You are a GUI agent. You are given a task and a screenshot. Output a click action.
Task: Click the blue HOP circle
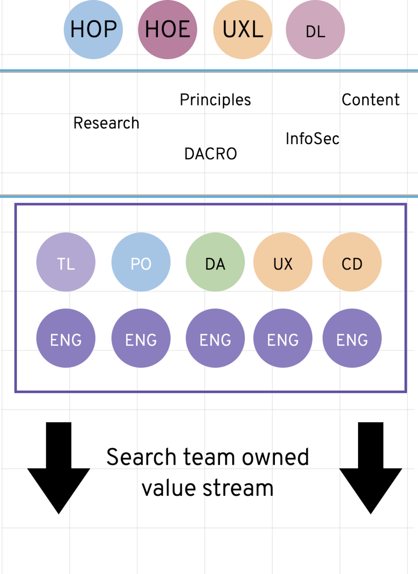tap(93, 29)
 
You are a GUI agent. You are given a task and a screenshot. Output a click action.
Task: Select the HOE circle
tap(168, 29)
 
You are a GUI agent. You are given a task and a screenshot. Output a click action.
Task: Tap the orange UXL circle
tap(243, 29)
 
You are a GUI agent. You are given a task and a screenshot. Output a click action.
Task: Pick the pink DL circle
tap(315, 30)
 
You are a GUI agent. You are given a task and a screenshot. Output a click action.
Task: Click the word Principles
tap(215, 100)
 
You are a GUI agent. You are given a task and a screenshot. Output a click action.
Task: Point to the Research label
tap(106, 123)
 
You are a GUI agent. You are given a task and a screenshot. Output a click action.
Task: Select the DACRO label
tap(211, 154)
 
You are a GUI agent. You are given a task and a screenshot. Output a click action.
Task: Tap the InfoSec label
tap(312, 139)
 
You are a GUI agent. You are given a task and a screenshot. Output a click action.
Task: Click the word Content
tap(370, 100)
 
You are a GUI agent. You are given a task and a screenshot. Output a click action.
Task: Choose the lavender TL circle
tap(66, 262)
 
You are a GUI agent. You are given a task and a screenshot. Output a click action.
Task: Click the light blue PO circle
tap(141, 262)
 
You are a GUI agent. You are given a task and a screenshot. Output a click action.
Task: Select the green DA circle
tap(215, 262)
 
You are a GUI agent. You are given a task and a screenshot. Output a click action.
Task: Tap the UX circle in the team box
tap(283, 262)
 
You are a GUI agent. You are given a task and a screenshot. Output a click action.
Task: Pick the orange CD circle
tap(352, 262)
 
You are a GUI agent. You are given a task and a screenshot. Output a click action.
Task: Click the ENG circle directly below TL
tap(66, 338)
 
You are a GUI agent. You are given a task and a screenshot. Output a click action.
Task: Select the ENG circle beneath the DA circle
tap(215, 338)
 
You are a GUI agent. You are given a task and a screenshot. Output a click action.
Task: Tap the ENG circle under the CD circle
tap(352, 338)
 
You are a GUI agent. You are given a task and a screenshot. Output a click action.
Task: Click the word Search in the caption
tap(141, 457)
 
